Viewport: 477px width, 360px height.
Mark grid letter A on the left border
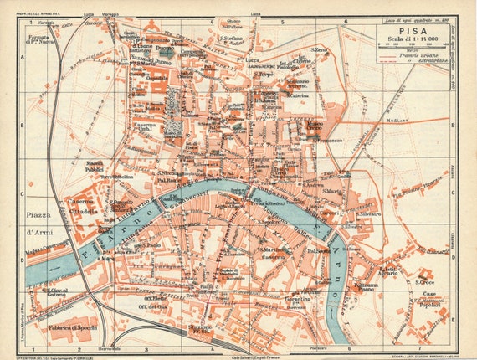point(21,49)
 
